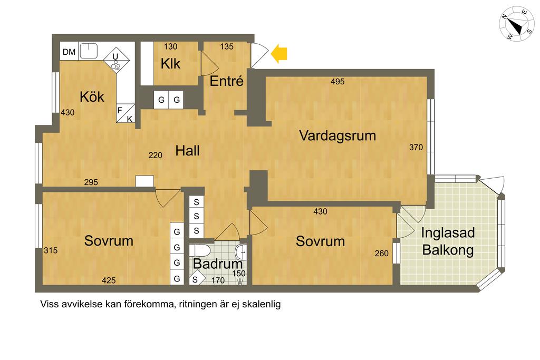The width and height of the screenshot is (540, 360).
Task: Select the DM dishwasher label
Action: point(69,52)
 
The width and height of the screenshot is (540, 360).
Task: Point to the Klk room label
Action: point(170,64)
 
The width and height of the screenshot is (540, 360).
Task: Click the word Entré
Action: point(227,81)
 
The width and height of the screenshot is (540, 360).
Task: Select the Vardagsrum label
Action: point(337,135)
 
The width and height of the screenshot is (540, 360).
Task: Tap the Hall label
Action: point(187,151)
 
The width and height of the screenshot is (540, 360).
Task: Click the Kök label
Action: point(92,97)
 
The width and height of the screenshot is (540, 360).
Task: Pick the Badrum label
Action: point(218,264)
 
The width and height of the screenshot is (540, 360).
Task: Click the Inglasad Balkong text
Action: point(448,241)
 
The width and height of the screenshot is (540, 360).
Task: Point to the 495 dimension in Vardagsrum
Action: point(337,82)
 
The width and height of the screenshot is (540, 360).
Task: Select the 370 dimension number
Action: point(416,147)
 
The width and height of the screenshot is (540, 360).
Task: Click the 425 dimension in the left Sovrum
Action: point(109,280)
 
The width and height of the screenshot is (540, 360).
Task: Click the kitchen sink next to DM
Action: point(89,51)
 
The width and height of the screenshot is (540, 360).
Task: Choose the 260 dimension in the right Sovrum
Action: point(382,254)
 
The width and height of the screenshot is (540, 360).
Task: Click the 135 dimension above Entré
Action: point(227,46)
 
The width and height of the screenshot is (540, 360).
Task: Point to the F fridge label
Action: point(120,111)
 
